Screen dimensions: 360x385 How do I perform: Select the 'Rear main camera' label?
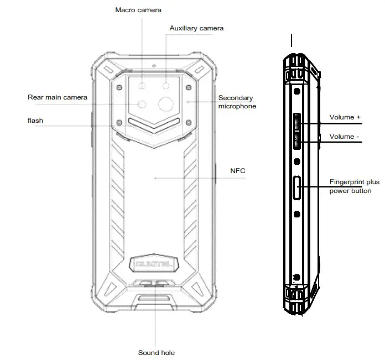[x=58, y=97]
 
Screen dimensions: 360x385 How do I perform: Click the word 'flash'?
[x=35, y=120]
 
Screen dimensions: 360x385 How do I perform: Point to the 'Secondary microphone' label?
[x=236, y=102]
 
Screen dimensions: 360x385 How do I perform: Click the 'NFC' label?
[x=238, y=171]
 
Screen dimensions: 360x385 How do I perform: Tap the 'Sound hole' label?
[x=157, y=352]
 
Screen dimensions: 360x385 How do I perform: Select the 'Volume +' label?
[x=345, y=117]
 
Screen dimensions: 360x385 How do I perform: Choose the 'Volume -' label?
[x=344, y=136]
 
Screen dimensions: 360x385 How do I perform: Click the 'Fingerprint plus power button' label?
[x=354, y=186]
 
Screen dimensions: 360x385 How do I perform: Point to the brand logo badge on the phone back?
[x=153, y=265]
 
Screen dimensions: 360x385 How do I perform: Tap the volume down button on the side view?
[x=298, y=140]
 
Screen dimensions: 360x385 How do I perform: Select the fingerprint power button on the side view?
[x=298, y=188]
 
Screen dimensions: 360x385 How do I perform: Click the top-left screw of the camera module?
[x=119, y=87]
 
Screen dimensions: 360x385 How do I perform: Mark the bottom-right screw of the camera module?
[x=189, y=123]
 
